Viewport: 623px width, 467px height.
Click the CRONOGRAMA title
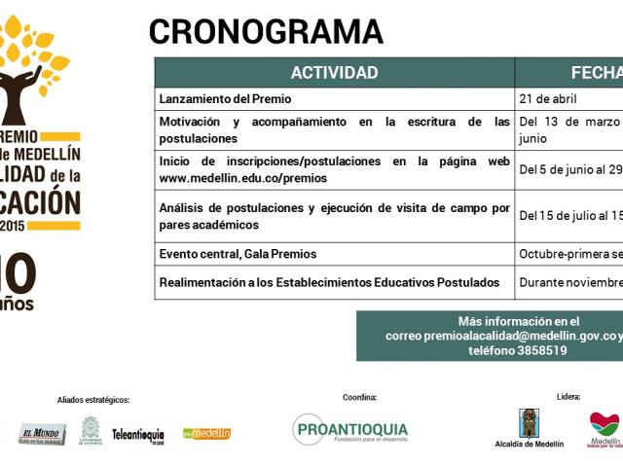266,32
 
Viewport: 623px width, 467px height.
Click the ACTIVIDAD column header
334,73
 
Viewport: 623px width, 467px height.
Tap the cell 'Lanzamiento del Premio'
225,99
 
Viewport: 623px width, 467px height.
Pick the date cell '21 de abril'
548,99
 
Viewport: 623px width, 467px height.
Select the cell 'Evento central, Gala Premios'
238,254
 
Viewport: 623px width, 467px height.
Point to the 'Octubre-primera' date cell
570,254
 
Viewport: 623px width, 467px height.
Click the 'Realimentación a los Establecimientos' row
329,282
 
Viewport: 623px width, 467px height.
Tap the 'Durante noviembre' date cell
570,282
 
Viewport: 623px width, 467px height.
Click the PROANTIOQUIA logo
350,429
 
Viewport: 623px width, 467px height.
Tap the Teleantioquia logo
137,434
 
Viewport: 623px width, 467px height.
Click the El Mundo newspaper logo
42,434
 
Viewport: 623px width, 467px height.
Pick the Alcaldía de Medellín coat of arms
529,423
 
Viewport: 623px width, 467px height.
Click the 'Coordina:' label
359,397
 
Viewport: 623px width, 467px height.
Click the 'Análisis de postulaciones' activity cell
334,216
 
